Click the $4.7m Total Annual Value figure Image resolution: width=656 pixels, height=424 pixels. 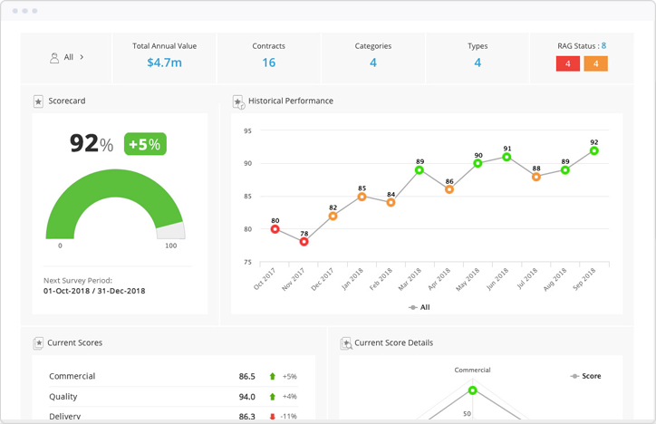pos(164,63)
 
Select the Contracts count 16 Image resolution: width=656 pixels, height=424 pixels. pos(269,63)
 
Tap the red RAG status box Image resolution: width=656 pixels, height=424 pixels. pos(567,63)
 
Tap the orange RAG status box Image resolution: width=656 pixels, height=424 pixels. pos(595,63)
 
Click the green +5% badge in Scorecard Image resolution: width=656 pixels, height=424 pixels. pos(145,144)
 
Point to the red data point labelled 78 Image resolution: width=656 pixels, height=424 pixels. pos(304,242)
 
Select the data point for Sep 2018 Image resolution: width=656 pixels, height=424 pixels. pos(594,151)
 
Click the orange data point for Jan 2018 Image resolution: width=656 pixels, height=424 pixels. pos(362,197)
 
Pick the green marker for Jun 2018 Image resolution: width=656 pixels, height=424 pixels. pos(507,158)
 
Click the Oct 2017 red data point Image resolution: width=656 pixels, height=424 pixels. pos(275,229)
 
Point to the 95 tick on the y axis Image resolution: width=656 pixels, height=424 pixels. pos(246,131)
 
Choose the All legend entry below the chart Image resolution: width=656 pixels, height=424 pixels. pos(420,307)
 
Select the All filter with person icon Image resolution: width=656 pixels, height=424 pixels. pos(68,57)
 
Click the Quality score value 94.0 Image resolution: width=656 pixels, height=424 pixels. pos(246,397)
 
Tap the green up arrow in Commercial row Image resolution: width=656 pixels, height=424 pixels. pos(272,376)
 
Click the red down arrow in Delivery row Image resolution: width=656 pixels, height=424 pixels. pos(272,416)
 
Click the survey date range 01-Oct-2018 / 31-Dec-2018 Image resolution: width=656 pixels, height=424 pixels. pos(94,291)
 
